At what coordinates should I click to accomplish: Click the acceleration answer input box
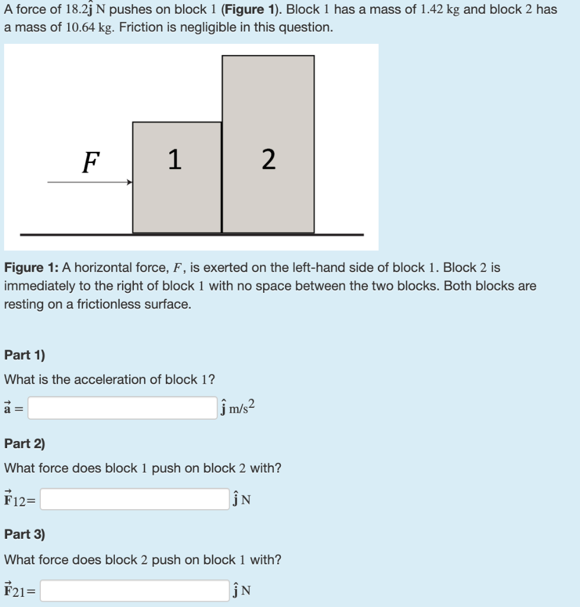tap(122, 408)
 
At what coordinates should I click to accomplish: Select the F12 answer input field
tap(134, 499)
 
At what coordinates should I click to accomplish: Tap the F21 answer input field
tap(134, 590)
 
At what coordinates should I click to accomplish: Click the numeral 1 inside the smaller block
tap(174, 159)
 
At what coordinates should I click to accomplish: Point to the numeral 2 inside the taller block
tap(268, 159)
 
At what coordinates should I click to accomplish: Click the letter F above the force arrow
tap(89, 162)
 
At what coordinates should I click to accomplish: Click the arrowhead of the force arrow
tap(129, 182)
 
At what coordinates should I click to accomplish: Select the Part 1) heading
tap(24, 355)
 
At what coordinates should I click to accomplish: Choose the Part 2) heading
tap(24, 444)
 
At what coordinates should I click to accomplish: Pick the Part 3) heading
tap(24, 534)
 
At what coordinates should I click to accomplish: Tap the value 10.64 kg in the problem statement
tap(85, 28)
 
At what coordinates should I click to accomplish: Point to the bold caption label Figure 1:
tap(32, 268)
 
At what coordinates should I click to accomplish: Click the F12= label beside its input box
tap(19, 500)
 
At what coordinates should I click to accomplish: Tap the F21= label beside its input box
tap(19, 591)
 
